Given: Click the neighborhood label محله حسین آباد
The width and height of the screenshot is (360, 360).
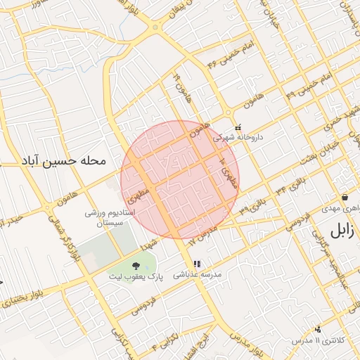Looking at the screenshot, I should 63,161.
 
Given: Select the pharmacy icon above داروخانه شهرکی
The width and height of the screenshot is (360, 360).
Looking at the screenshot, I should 238,127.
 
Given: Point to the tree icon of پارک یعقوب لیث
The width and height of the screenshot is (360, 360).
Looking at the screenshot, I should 135,266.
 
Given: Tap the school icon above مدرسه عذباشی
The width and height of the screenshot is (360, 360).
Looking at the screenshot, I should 196,264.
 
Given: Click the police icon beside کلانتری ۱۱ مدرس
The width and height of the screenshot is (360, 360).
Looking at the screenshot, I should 318,329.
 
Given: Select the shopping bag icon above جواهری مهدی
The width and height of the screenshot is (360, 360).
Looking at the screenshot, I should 345,198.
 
